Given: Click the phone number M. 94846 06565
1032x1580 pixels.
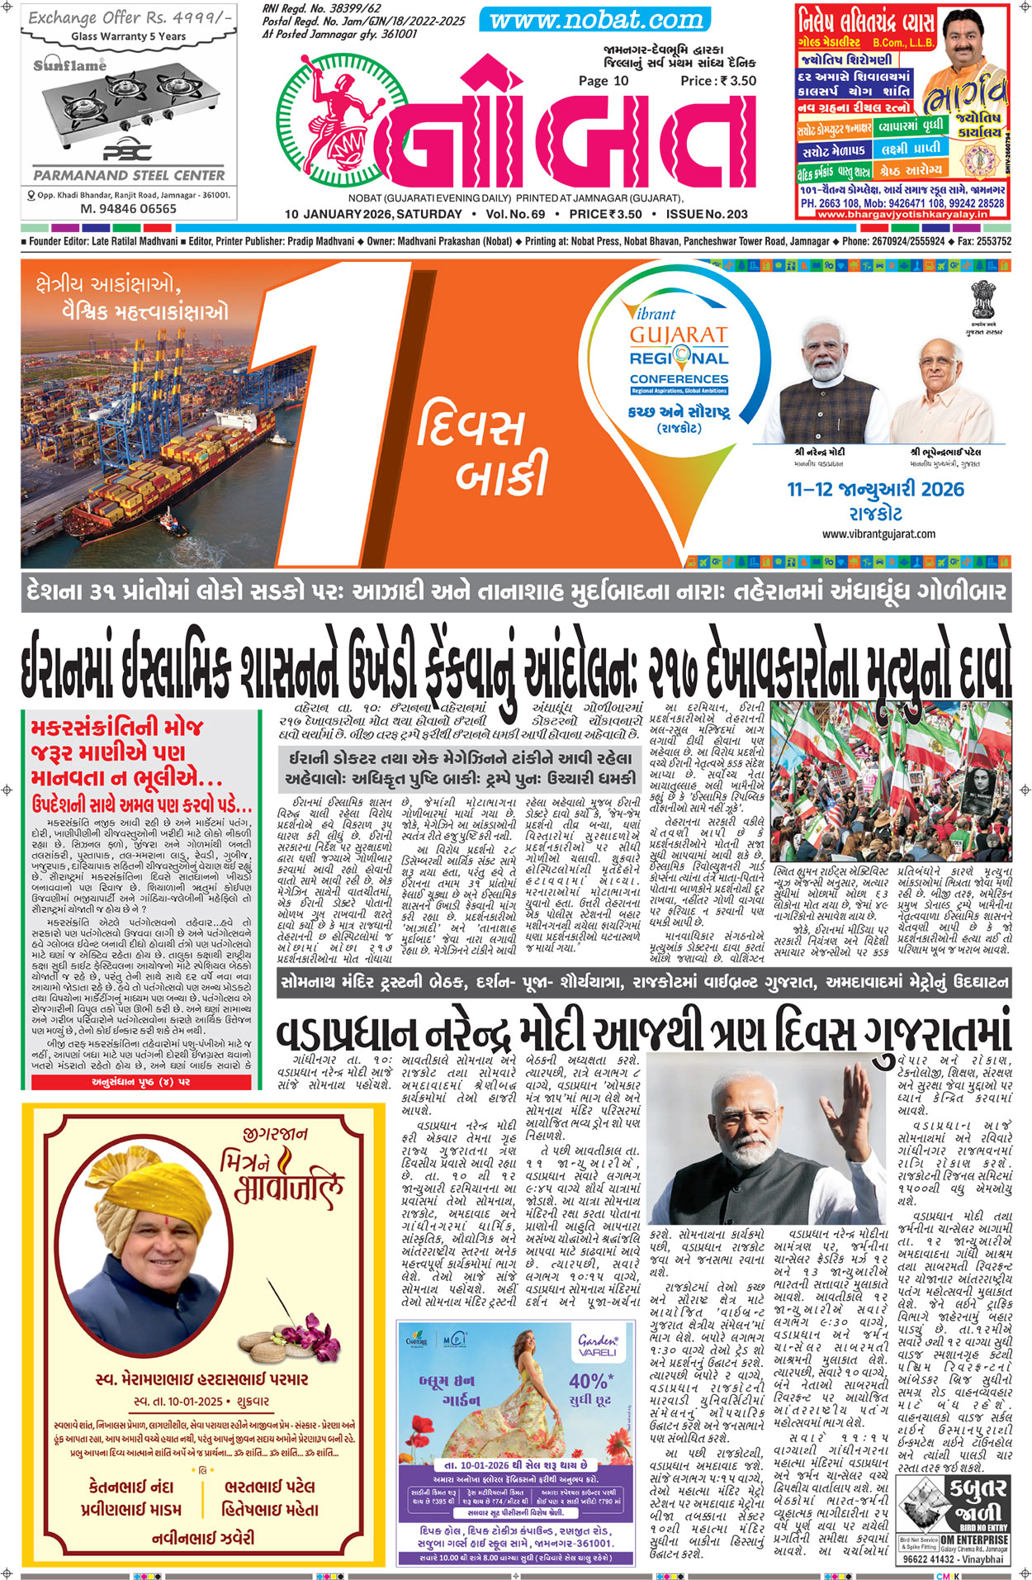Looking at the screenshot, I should tap(128, 209).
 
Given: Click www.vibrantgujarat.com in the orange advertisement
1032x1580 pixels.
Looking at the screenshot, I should tap(878, 534).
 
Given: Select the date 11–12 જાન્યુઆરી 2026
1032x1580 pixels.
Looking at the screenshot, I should tap(875, 489).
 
